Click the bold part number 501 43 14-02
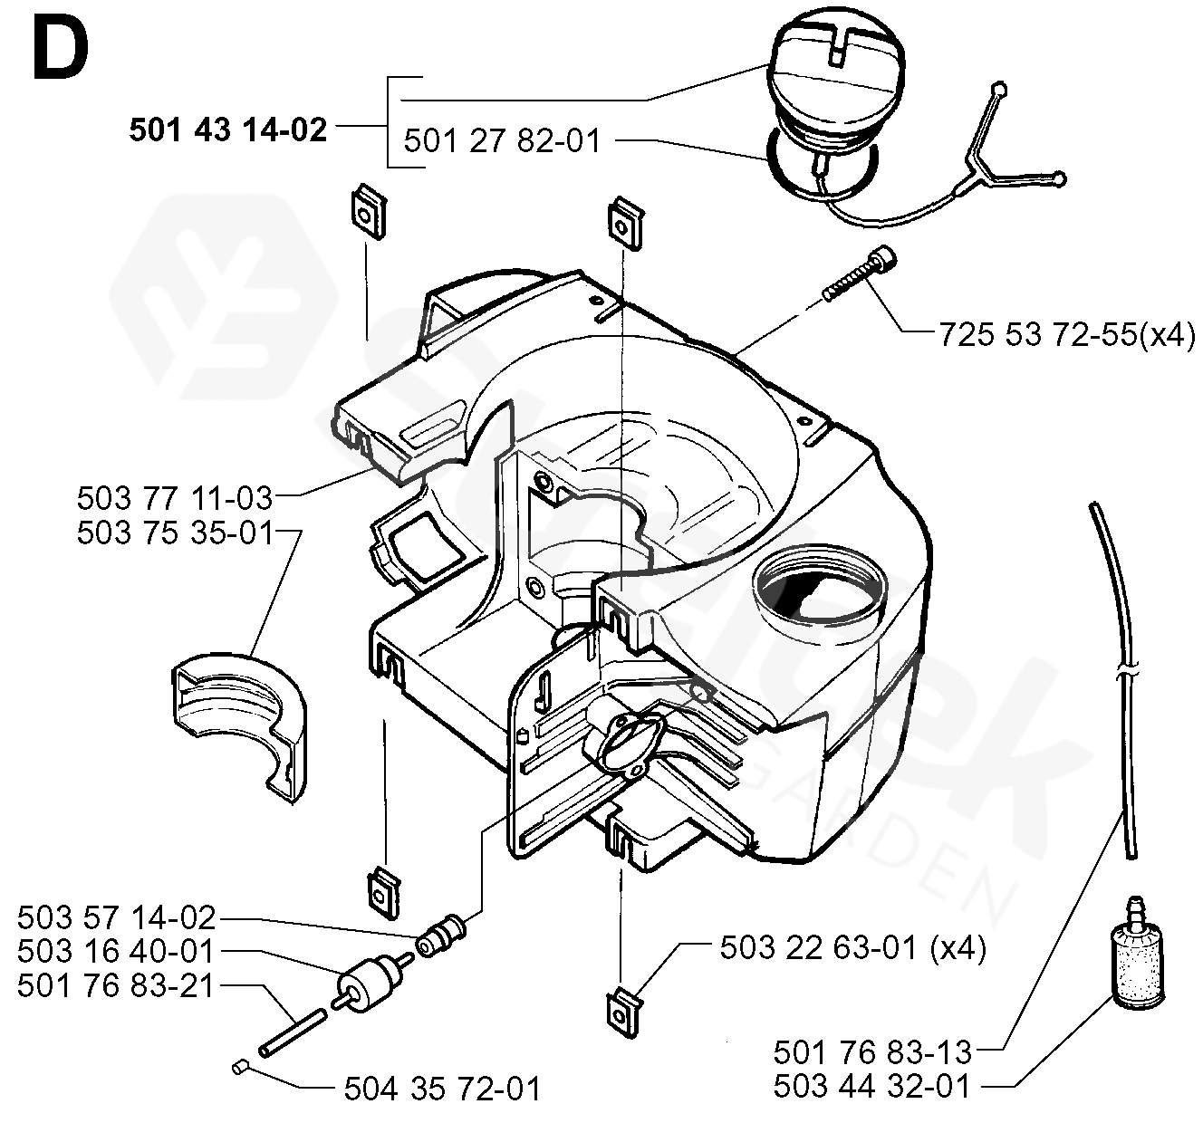pos(227,130)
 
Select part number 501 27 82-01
pos(502,141)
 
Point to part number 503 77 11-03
pos(174,497)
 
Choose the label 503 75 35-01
pos(174,533)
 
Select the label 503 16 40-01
pos(116,952)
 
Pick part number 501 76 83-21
pos(116,985)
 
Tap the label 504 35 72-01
pos(442,1088)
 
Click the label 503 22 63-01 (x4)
pos(852,948)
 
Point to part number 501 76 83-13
pos(871,1051)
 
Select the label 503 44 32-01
pos(871,1085)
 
